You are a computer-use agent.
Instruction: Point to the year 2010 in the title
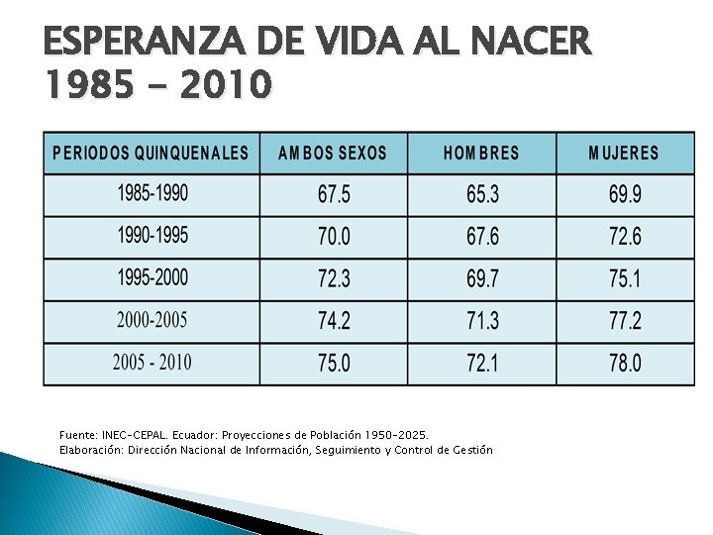(226, 83)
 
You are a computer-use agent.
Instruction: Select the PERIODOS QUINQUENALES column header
(151, 153)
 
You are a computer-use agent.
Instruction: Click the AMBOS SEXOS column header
(333, 153)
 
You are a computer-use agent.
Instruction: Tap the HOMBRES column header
(481, 153)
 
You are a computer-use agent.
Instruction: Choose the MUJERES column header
(624, 153)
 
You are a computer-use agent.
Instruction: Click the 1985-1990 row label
(153, 193)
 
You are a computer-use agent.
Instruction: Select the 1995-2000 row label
(153, 277)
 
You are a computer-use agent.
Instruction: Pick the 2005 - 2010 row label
(153, 363)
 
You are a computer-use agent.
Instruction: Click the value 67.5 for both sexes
(335, 194)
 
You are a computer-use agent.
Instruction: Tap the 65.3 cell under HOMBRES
(482, 194)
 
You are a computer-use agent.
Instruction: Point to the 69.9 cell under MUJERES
(625, 194)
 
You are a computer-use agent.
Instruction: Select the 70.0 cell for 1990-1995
(335, 237)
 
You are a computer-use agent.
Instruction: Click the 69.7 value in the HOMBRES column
(482, 278)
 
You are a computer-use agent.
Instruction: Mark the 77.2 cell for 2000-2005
(625, 321)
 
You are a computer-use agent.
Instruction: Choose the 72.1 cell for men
(482, 364)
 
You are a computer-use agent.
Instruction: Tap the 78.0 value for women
(625, 364)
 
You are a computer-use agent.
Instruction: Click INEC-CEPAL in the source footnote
(135, 435)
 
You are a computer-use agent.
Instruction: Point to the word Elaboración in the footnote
(91, 451)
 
